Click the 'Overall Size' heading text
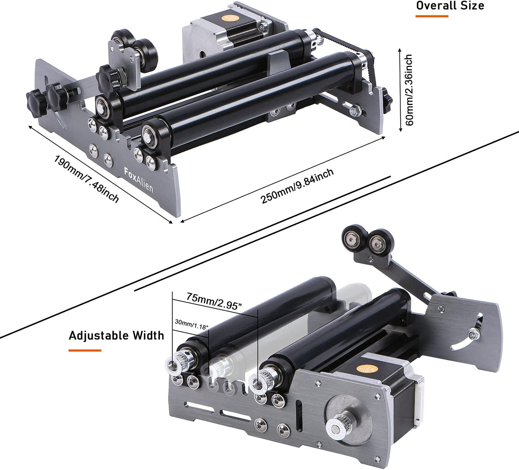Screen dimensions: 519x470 (x=450, y=5)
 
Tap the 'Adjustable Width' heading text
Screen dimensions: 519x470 (x=116, y=335)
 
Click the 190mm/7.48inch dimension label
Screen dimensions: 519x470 (x=86, y=178)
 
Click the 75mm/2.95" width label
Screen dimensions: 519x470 (x=214, y=301)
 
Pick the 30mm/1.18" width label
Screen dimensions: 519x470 (x=192, y=324)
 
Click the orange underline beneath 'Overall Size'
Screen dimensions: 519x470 (x=432, y=16)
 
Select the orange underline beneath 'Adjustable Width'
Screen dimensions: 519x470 (x=85, y=351)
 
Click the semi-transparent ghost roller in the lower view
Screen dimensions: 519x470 (x=290, y=334)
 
